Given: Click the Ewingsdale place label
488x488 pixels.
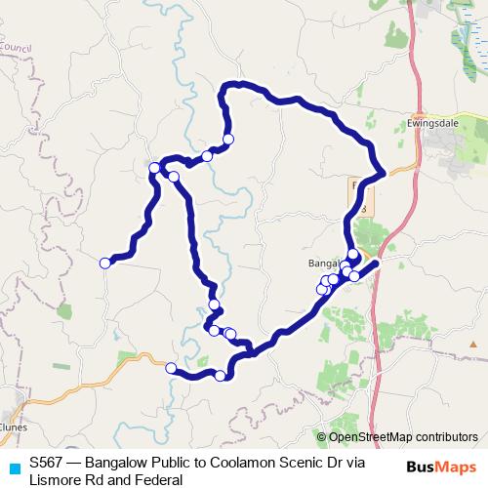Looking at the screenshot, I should tap(430, 125).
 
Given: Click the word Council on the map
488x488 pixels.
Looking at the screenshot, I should tap(16, 46).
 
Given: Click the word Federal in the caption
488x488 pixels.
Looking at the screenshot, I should tap(160, 480).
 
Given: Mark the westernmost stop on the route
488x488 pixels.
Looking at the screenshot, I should tap(105, 262).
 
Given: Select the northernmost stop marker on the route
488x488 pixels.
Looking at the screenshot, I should tap(228, 140).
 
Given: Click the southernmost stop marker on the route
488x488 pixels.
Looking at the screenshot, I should tap(221, 376).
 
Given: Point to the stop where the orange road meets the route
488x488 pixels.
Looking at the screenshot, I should tap(171, 368).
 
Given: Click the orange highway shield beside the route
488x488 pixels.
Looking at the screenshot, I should tap(359, 195).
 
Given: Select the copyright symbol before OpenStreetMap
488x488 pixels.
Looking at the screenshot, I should tap(322, 437).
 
